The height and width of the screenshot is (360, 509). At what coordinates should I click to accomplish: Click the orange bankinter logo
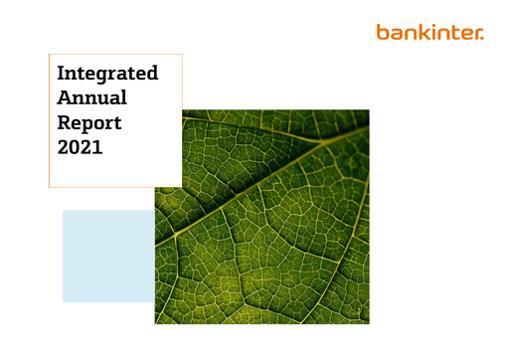point(429,32)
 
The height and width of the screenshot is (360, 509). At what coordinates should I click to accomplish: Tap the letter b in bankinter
point(383,32)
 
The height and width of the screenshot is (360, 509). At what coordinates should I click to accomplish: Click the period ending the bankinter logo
point(482,37)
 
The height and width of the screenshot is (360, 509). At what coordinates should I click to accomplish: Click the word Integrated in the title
point(107,75)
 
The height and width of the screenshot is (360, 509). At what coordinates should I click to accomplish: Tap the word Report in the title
point(89,123)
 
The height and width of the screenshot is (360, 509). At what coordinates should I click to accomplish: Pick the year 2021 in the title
point(81,147)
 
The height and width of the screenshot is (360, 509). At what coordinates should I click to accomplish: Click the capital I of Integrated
point(62,74)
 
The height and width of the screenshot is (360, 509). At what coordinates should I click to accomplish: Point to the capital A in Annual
point(65,98)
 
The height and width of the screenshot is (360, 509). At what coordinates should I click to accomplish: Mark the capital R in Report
point(65,122)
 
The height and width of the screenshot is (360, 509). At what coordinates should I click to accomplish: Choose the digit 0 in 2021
point(76,147)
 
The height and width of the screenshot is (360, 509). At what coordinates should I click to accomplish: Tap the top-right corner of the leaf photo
point(368,110)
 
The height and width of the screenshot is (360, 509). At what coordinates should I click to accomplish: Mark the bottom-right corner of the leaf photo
point(368,322)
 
